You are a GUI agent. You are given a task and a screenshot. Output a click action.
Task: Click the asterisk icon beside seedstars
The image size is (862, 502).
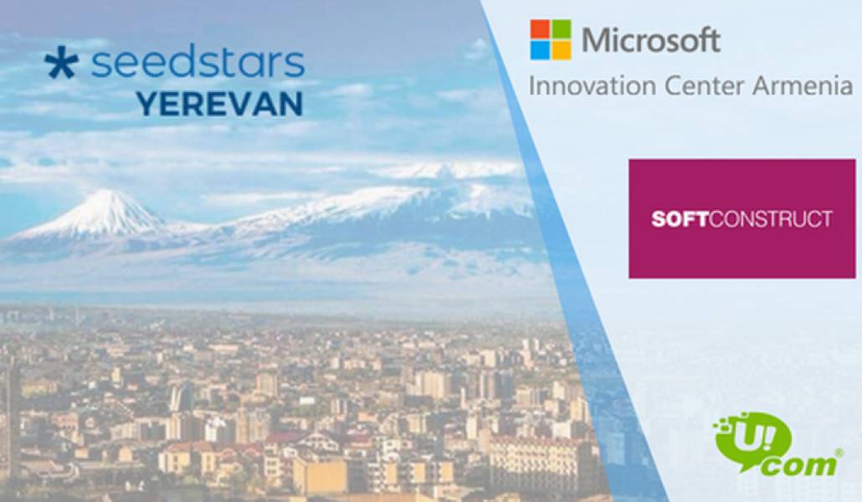(x=61, y=64)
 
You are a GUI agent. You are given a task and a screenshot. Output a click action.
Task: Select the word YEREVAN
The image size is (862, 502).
(x=219, y=104)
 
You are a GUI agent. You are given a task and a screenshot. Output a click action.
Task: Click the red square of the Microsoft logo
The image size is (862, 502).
(x=540, y=29)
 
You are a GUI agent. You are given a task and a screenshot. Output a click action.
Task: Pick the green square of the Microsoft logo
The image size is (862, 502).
(x=561, y=29)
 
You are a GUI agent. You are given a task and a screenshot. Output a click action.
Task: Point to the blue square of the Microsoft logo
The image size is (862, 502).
(x=540, y=50)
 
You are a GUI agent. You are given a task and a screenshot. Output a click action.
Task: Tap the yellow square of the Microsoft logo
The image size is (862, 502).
(x=561, y=50)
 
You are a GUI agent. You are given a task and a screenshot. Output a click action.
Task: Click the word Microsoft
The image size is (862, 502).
(x=650, y=40)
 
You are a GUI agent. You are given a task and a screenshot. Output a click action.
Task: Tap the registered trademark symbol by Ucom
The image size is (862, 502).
(x=839, y=453)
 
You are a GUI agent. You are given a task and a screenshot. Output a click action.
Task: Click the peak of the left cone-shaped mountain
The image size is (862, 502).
(x=107, y=194)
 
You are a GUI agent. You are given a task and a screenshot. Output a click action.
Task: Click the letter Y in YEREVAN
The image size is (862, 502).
(x=146, y=104)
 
